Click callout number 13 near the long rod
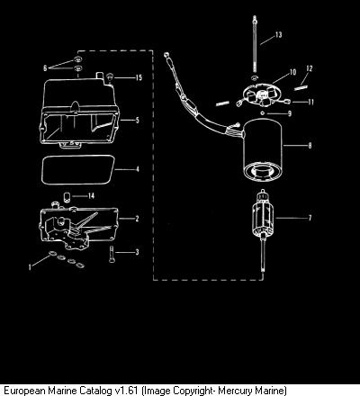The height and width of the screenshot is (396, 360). tap(279, 35)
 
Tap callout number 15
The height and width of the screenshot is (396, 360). tap(139, 77)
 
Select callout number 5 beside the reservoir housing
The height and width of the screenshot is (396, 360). tap(138, 121)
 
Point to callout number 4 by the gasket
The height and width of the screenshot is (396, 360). tap(138, 169)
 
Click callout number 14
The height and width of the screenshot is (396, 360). tap(91, 196)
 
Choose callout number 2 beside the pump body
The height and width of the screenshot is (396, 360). tap(137, 219)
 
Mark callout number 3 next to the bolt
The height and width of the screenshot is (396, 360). tap(137, 252)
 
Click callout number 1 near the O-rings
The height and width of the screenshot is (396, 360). tap(30, 266)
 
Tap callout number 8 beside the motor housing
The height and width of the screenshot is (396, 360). tap(310, 146)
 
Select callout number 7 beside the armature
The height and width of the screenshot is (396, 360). tap(310, 218)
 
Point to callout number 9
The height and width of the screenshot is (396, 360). tap(290, 113)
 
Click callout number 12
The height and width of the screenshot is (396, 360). tap(310, 68)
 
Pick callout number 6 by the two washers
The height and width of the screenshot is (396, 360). tap(45, 68)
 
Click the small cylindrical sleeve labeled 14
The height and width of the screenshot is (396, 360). tap(67, 197)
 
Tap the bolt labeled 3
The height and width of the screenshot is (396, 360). tap(112, 255)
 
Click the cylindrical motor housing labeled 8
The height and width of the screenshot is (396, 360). tap(263, 150)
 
